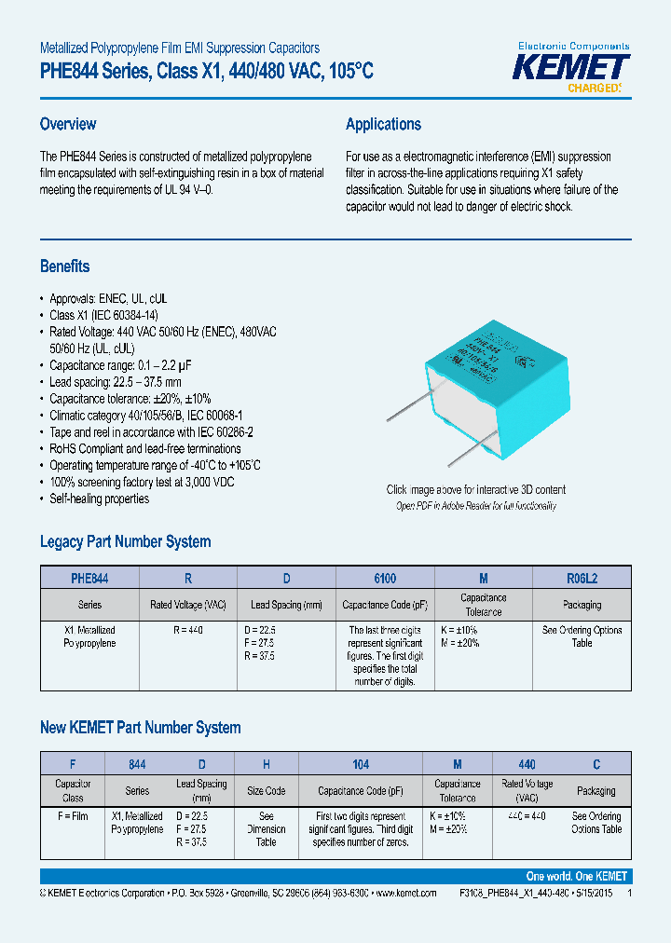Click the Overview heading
(x=68, y=124)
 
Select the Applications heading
(x=383, y=124)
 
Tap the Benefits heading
(x=65, y=266)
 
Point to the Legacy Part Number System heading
(x=125, y=541)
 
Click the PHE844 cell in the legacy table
(x=90, y=578)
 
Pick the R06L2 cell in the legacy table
(x=582, y=578)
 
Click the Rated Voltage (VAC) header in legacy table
(x=188, y=605)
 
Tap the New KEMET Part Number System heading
(x=140, y=728)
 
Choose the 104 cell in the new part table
(x=361, y=764)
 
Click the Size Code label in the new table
(x=266, y=790)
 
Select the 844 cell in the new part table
(x=137, y=764)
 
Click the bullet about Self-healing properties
(x=99, y=499)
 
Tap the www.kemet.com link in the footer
(x=404, y=893)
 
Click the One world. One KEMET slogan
(x=576, y=876)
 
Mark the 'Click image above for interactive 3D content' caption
(x=475, y=490)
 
